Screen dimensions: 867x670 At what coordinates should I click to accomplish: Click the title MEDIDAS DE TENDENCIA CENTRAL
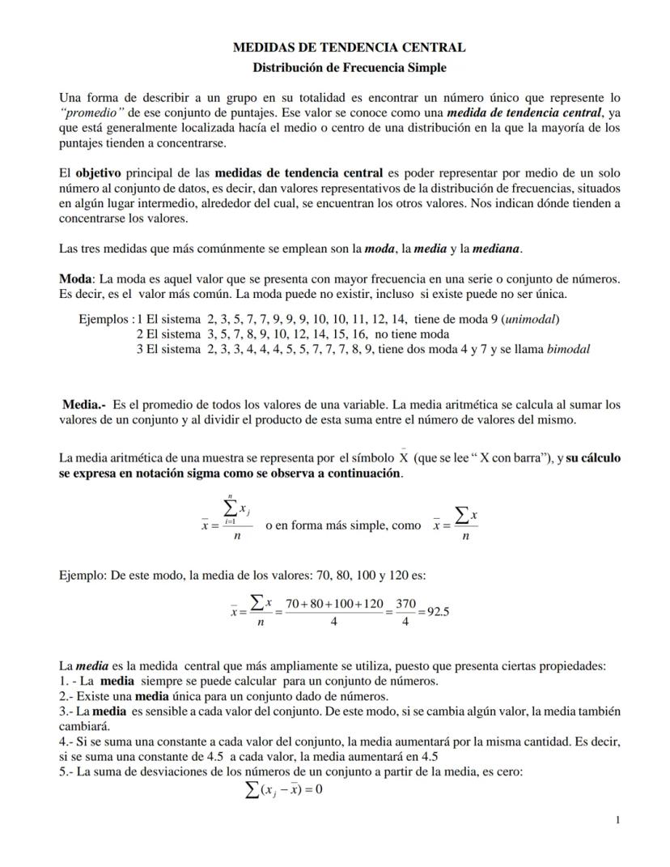pyautogui.click(x=349, y=48)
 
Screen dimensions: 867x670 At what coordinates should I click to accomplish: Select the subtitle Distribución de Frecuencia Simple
pyautogui.click(x=349, y=68)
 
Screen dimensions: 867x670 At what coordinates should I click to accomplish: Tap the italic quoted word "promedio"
pyautogui.click(x=92, y=113)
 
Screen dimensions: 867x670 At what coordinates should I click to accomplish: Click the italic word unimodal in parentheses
pyautogui.click(x=530, y=319)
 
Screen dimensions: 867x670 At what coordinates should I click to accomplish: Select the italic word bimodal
pyautogui.click(x=568, y=350)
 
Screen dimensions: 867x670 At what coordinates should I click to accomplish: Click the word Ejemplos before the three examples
pyautogui.click(x=105, y=319)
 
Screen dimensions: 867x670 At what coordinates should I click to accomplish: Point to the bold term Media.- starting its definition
pyautogui.click(x=84, y=404)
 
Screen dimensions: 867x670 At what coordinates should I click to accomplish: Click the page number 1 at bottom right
pyautogui.click(x=618, y=820)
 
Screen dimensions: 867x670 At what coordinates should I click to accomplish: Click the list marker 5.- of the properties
pyautogui.click(x=67, y=771)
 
